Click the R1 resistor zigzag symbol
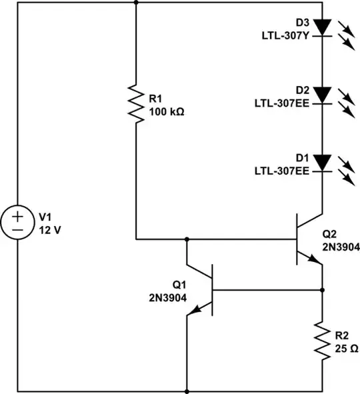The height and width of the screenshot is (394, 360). (x=136, y=103)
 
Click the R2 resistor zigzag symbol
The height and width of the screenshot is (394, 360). (x=323, y=341)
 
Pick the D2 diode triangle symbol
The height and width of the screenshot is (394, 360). (x=323, y=94)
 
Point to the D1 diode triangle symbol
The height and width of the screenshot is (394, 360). (x=323, y=161)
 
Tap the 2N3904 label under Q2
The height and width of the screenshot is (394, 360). (x=340, y=246)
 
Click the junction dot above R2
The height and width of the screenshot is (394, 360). (x=323, y=290)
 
